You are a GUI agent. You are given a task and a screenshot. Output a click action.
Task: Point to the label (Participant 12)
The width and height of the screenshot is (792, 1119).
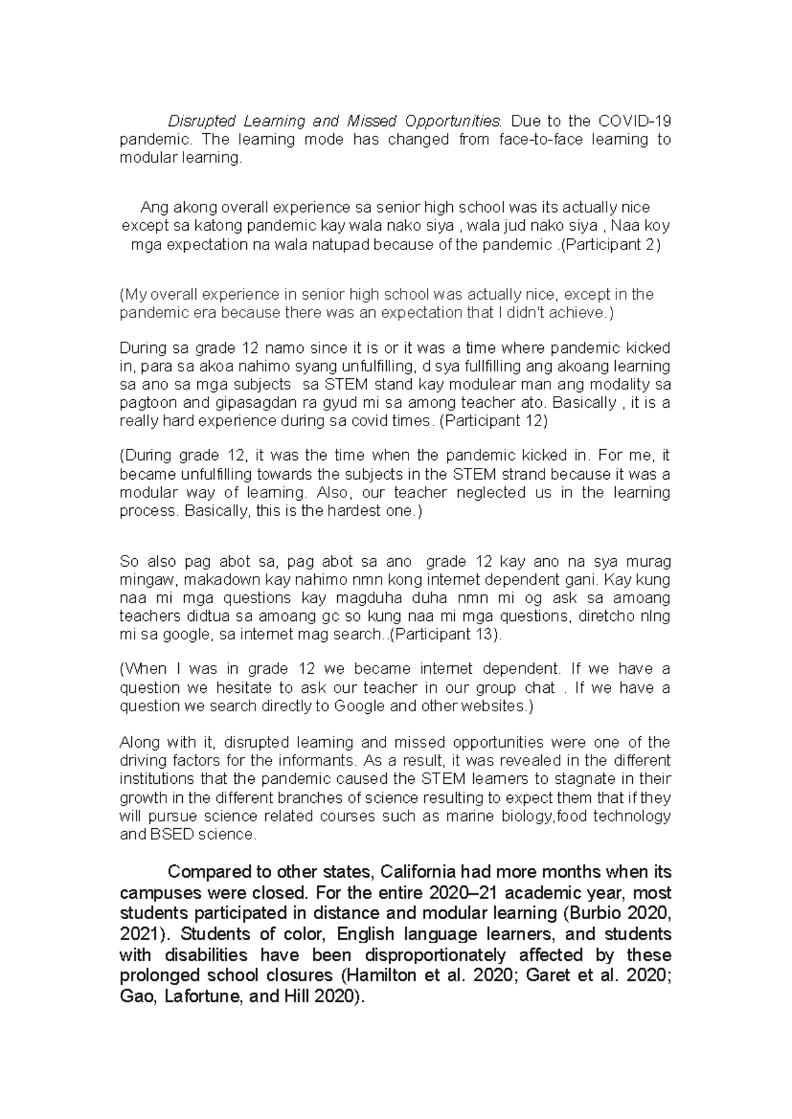(x=494, y=421)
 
